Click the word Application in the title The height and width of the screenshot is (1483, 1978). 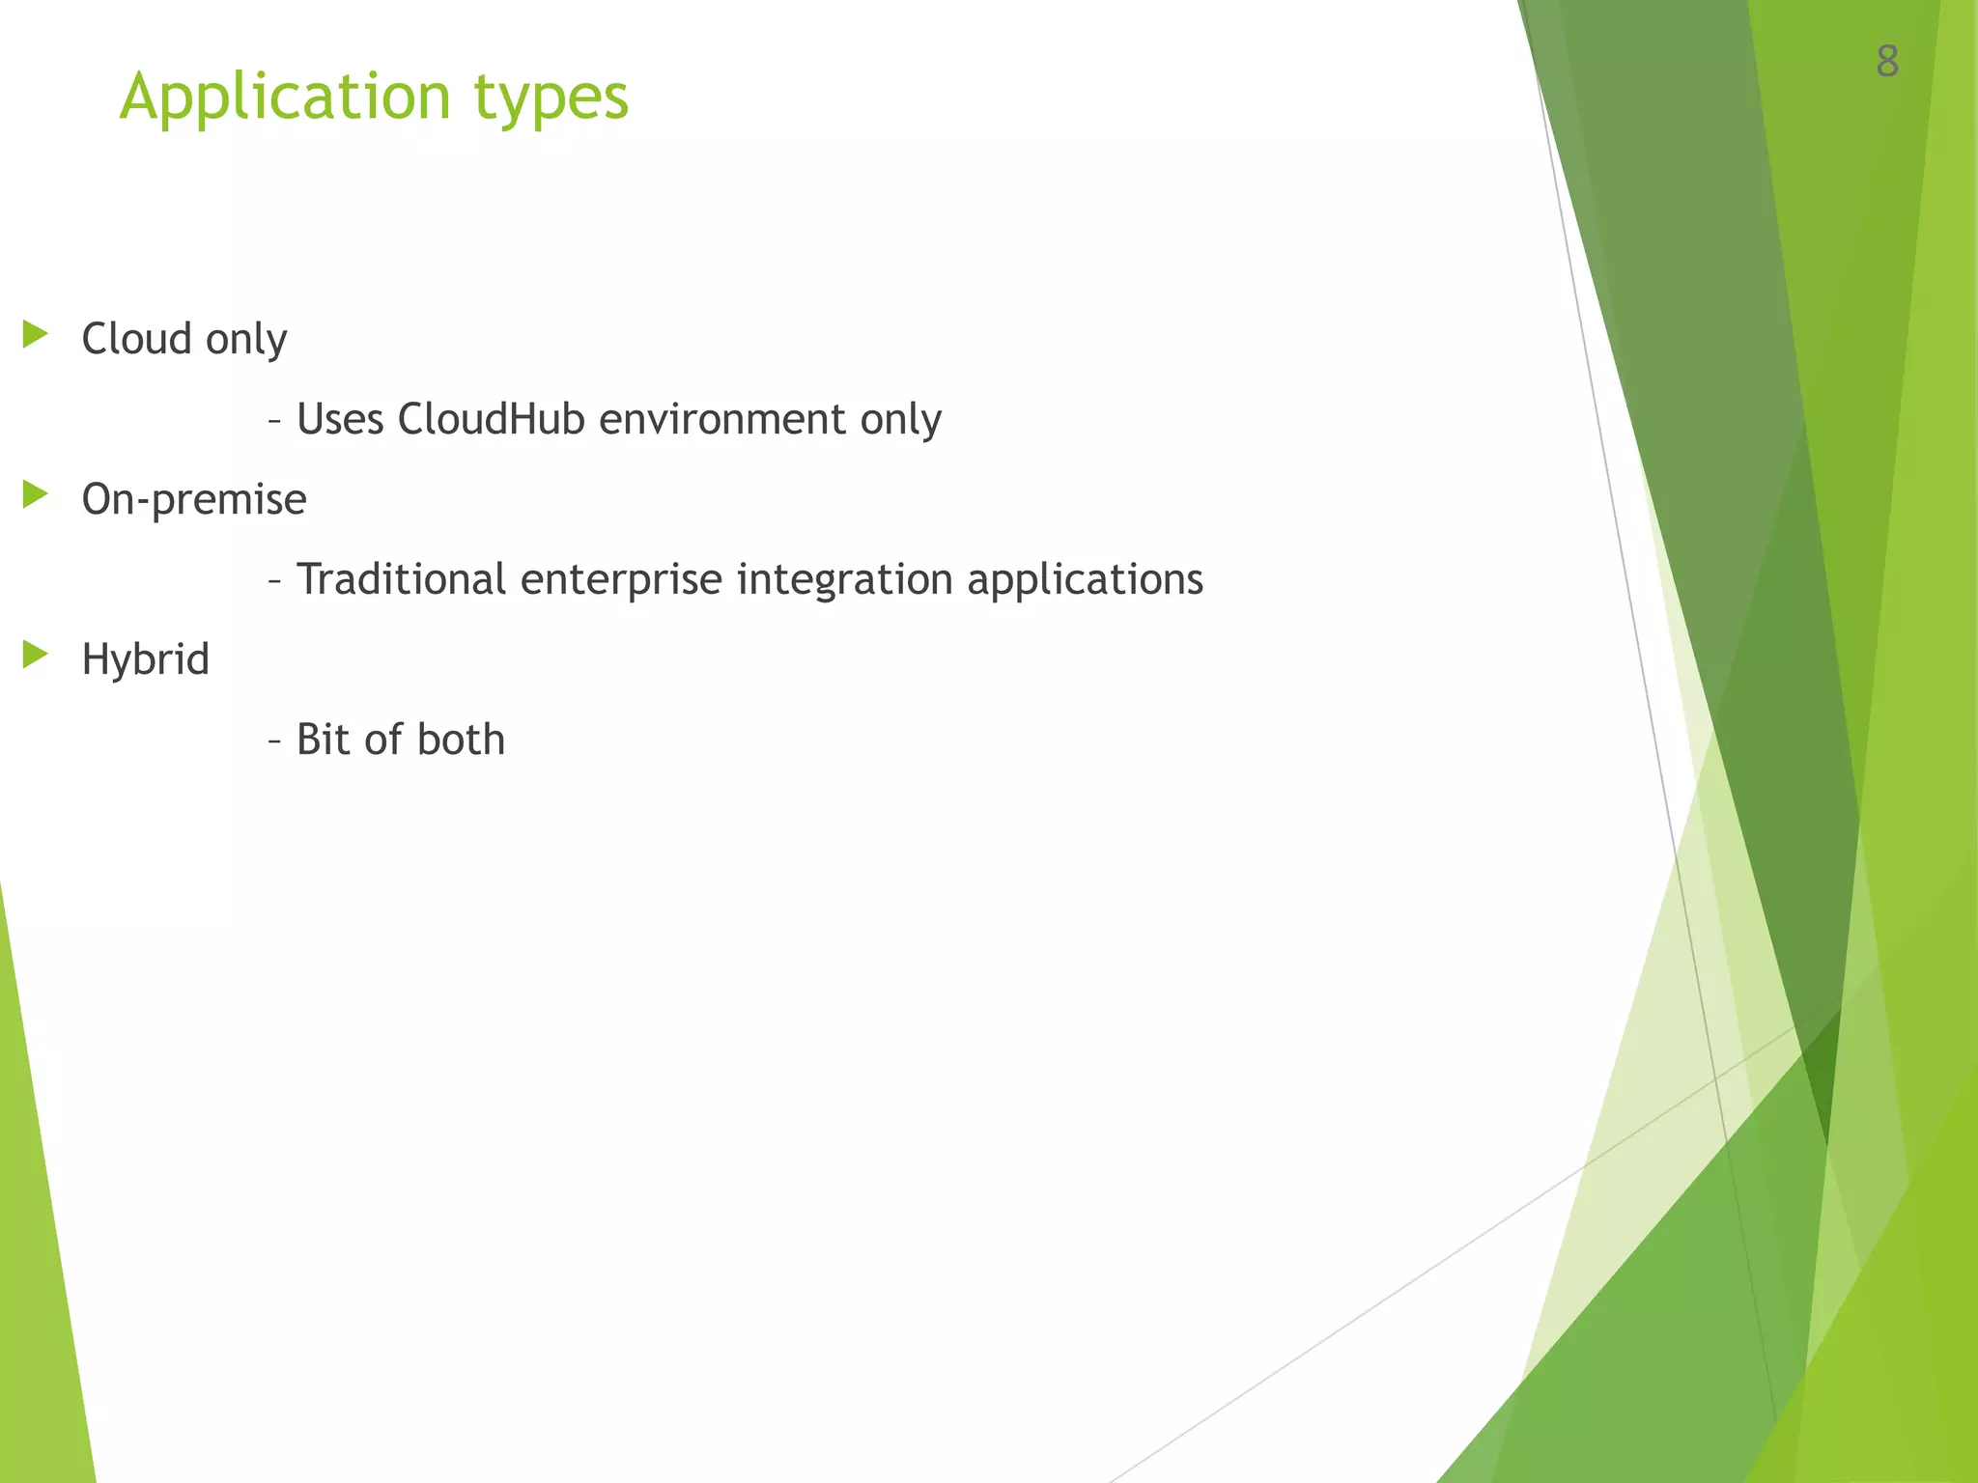(286, 98)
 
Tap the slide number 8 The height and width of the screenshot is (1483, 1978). (1887, 62)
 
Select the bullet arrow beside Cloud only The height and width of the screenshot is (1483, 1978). (35, 335)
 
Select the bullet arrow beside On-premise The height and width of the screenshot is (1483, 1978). (35, 495)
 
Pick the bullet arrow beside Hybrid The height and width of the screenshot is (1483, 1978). (35, 656)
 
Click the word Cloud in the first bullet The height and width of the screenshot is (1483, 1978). (136, 339)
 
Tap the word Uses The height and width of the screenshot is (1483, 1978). (340, 419)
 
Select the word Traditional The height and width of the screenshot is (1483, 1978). (401, 579)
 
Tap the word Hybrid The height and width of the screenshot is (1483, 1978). (145, 660)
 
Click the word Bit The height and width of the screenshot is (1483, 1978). (322, 740)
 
